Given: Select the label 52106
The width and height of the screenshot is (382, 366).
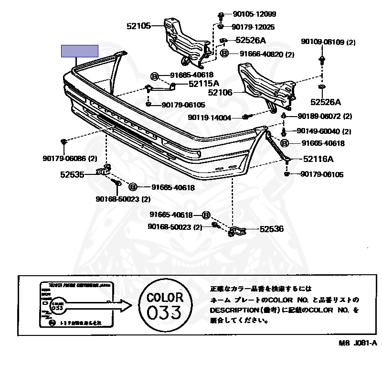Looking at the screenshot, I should coord(221,92).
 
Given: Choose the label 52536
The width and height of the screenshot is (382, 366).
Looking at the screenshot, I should coord(271,229).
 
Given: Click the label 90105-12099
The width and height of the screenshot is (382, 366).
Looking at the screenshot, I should coord(255,14).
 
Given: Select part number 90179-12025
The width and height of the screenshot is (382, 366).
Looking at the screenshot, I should coord(255,27).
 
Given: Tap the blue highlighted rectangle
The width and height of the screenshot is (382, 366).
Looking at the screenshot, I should coord(79,51).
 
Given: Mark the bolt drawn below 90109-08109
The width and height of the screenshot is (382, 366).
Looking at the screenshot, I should coord(321,60).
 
